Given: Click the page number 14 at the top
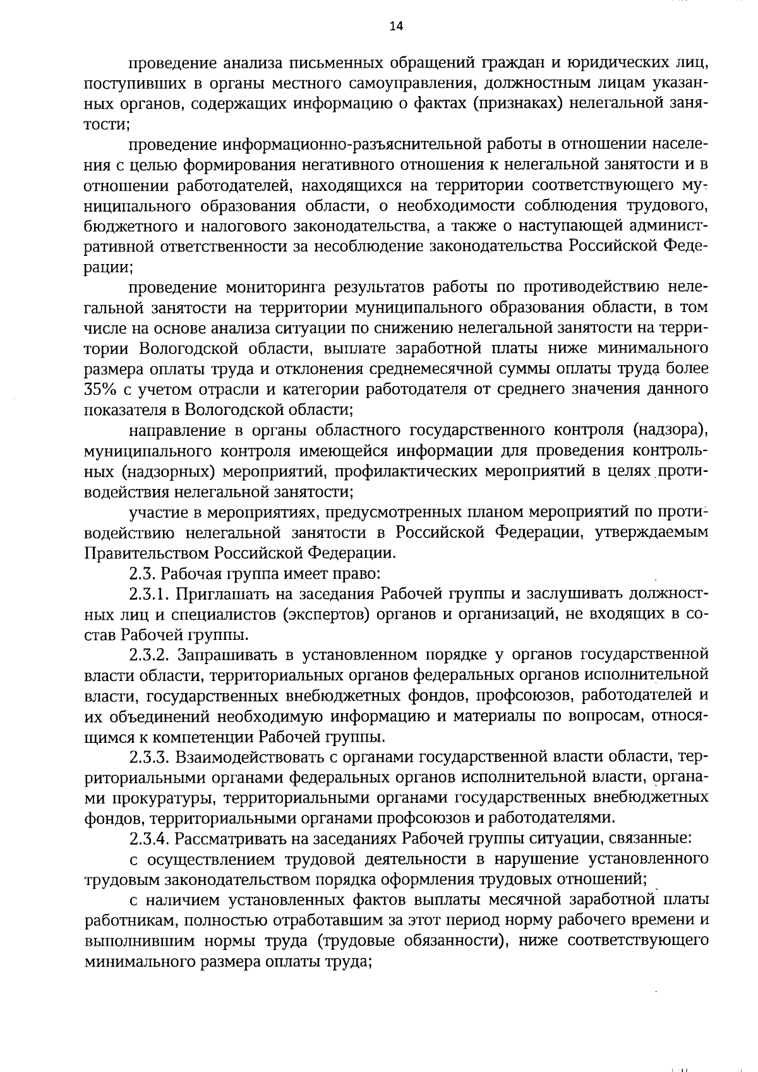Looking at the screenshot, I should pyautogui.click(x=378, y=25).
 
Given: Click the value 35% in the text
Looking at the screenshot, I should pyautogui.click(x=100, y=388).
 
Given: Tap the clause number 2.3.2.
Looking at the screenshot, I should pyautogui.click(x=150, y=654).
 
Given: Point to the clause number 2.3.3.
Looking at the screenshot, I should pyautogui.click(x=150, y=756).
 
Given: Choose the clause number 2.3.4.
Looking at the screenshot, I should pyautogui.click(x=150, y=838).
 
